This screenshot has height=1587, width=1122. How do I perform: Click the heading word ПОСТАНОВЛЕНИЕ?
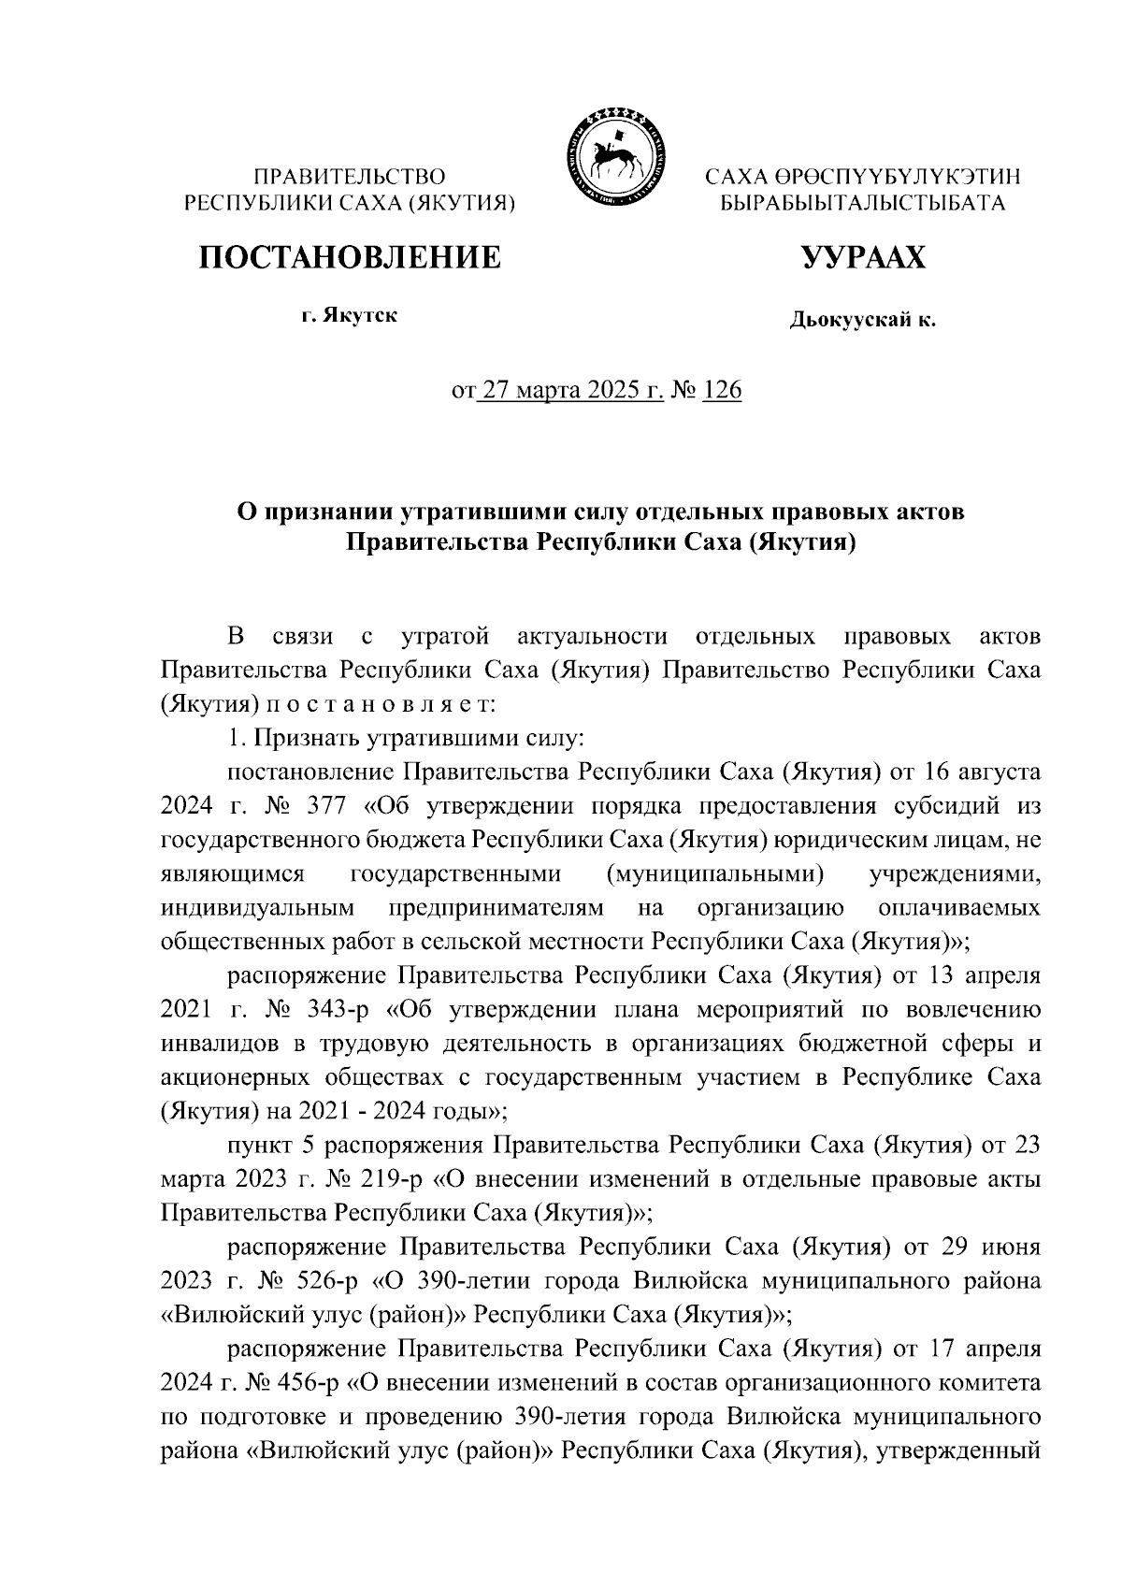pyautogui.click(x=348, y=256)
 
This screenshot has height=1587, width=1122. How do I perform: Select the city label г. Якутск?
pyautogui.click(x=349, y=316)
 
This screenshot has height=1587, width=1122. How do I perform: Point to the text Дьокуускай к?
pyautogui.click(x=862, y=322)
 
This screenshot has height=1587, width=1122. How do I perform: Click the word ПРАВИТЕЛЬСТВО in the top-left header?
pyautogui.click(x=350, y=176)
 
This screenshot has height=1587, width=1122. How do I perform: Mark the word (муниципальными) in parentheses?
pyautogui.click(x=714, y=874)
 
